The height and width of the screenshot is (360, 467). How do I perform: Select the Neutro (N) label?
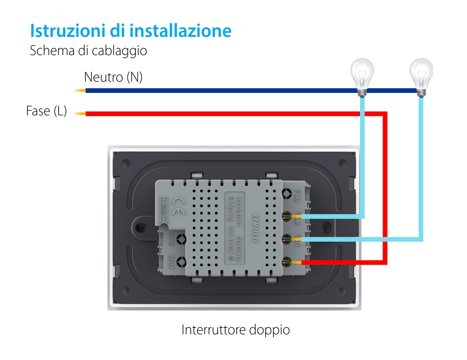click(x=113, y=77)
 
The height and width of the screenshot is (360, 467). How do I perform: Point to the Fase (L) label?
click(x=46, y=111)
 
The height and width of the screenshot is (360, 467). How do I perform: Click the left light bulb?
click(x=362, y=77)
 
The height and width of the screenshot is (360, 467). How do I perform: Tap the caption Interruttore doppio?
click(x=235, y=330)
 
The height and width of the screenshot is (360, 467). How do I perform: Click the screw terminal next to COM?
click(x=182, y=261)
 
